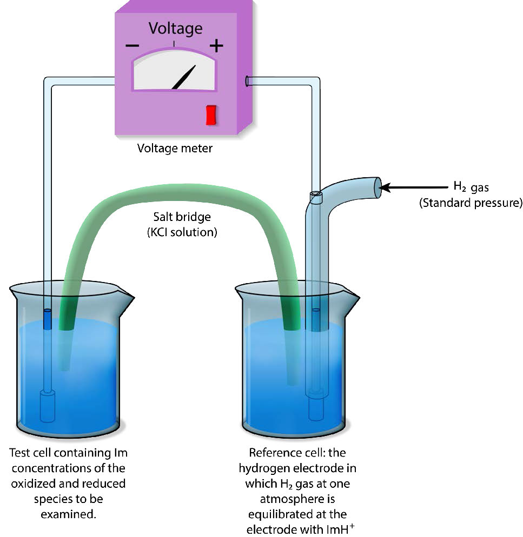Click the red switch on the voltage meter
tap(211, 115)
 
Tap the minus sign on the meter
tap(132, 45)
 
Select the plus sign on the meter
tap(216, 45)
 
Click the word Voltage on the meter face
tap(175, 28)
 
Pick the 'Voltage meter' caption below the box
tap(175, 147)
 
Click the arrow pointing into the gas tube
tap(411, 187)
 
